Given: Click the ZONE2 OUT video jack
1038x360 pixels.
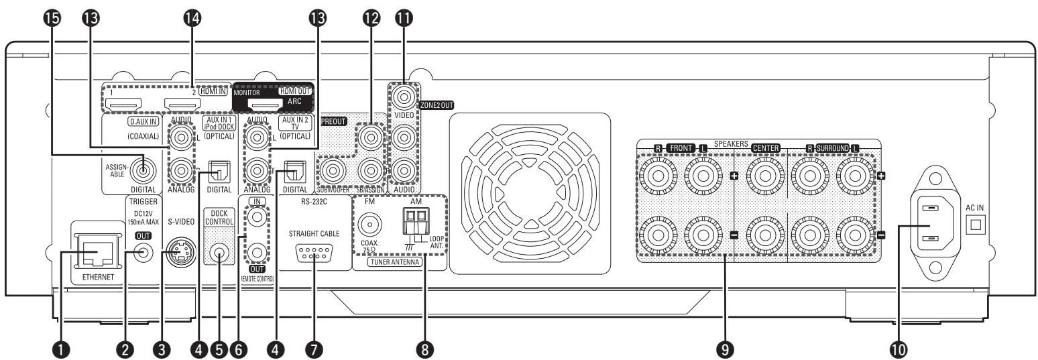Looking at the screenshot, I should click(x=404, y=98).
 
